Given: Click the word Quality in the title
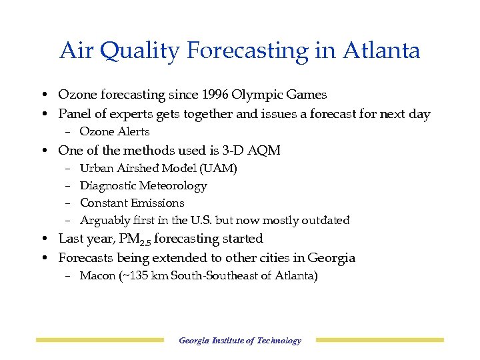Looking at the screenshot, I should [128, 51].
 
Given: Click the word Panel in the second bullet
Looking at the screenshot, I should [74, 114].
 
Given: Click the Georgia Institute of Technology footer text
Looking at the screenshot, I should [240, 341].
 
